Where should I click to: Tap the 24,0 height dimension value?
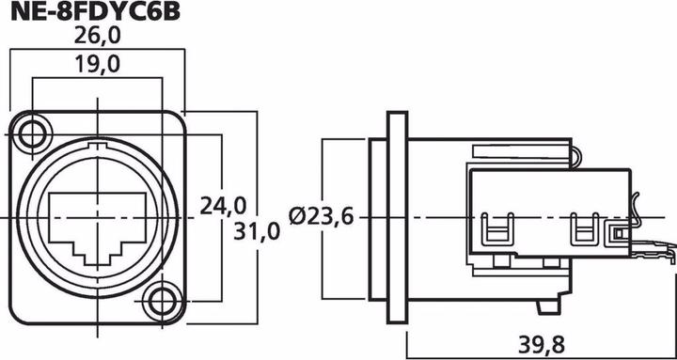point(224,205)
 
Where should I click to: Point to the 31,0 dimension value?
point(255,231)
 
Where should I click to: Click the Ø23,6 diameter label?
point(322,217)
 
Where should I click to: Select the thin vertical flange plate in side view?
point(397,216)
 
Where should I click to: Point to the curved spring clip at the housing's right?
point(638,211)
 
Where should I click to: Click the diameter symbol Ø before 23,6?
point(297,217)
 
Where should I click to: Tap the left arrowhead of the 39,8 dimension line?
point(411,332)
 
